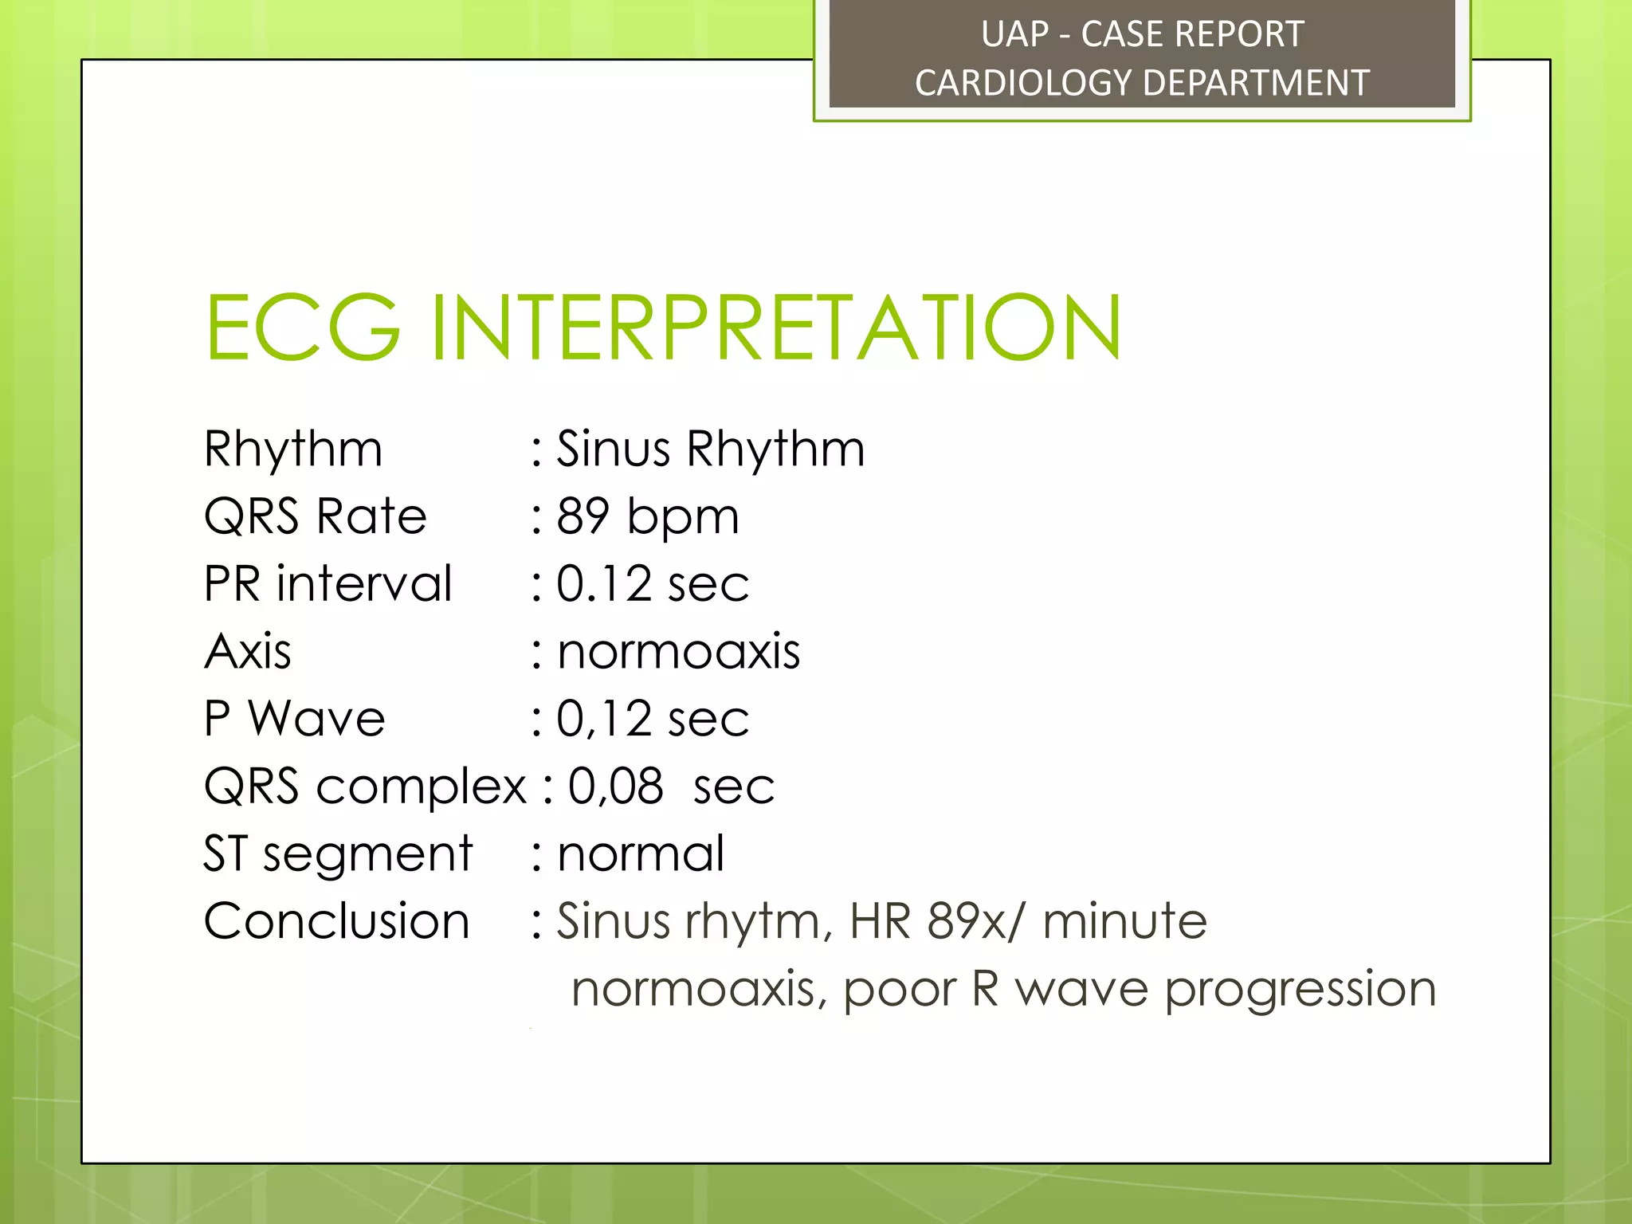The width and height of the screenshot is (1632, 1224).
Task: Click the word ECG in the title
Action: [303, 328]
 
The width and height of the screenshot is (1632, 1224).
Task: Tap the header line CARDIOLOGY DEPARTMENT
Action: [1141, 83]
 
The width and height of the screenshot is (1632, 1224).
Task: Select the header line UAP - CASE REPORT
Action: [1141, 34]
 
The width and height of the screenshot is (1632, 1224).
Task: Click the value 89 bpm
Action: [648, 516]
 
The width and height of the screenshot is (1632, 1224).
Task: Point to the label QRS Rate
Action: [315, 516]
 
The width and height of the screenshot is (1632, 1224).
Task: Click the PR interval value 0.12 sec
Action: [653, 583]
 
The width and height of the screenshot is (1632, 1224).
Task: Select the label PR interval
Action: [328, 583]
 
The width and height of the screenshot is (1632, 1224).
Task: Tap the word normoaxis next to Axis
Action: [678, 651]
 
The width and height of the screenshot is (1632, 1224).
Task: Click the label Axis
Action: [247, 651]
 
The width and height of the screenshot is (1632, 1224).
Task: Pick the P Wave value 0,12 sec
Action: [653, 719]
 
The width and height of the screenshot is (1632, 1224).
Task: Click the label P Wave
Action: [294, 719]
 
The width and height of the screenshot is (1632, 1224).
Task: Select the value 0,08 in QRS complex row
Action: [615, 787]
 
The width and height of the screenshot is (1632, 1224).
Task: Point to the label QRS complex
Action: [365, 787]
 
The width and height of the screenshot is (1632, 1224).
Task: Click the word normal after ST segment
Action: [641, 853]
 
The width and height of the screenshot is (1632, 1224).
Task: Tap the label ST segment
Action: [338, 853]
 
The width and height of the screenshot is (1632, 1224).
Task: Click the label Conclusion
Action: [336, 921]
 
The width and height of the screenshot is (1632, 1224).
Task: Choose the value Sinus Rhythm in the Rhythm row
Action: [710, 449]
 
